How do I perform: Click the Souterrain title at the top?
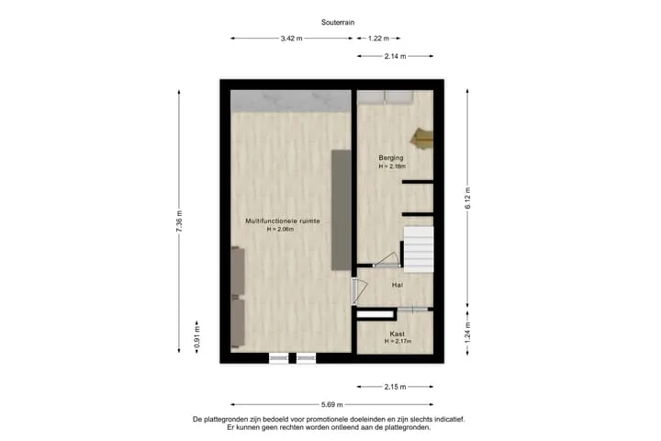(x=338, y=22)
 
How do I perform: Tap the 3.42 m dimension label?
(x=292, y=39)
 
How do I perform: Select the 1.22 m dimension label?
(x=378, y=39)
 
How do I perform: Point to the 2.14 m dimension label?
(x=396, y=56)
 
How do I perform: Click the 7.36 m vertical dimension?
(x=179, y=221)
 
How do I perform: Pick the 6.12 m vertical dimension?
(x=467, y=198)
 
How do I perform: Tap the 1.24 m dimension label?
(x=467, y=333)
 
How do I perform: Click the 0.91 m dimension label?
(x=196, y=337)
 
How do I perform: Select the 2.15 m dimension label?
(x=396, y=387)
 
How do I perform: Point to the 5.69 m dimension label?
(x=332, y=404)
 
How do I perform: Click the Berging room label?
(x=391, y=158)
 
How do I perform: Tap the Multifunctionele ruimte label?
(x=283, y=221)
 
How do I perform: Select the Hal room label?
(x=398, y=286)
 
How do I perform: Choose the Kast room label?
(x=398, y=334)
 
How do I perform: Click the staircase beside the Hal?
(x=419, y=249)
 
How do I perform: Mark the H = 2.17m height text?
(x=398, y=342)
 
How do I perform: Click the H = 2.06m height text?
(x=280, y=229)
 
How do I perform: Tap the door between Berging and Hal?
(x=387, y=261)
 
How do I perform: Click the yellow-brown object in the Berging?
(x=423, y=139)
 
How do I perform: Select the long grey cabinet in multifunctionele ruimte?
(x=341, y=209)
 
